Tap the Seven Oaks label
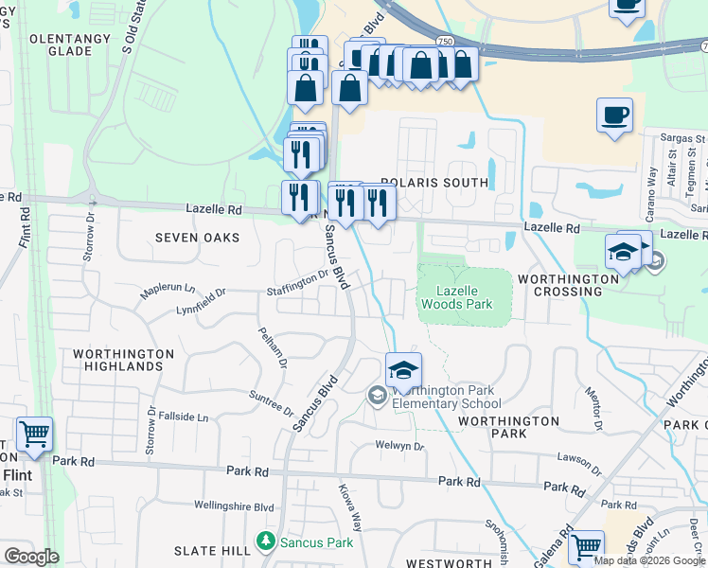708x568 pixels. (199, 238)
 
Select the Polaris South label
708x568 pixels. (434, 182)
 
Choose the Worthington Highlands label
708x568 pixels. (124, 360)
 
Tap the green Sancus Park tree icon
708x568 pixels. (267, 542)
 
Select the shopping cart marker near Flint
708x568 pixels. (34, 434)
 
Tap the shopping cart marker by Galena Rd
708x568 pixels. (586, 546)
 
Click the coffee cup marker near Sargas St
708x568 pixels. (614, 115)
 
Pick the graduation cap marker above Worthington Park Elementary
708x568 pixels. (403, 369)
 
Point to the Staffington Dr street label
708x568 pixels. (296, 281)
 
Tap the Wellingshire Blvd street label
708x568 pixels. (234, 507)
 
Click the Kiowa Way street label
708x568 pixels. (350, 508)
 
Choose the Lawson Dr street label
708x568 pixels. (578, 457)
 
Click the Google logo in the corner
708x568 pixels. (31, 557)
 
